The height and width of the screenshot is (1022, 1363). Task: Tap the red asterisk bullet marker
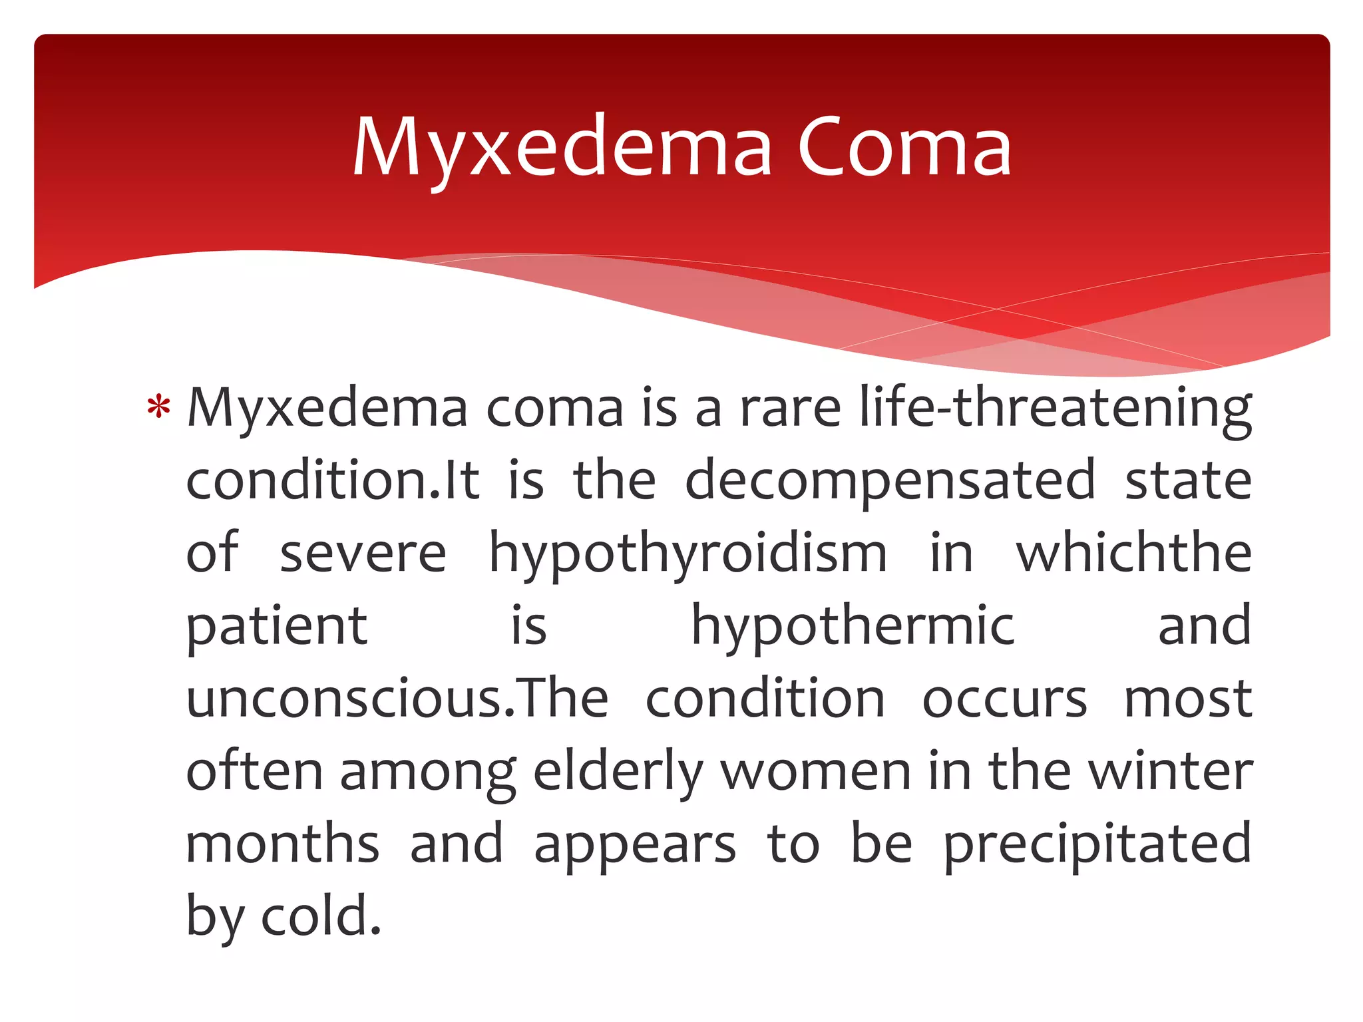158,407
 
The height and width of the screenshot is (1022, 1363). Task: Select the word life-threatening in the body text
1056,407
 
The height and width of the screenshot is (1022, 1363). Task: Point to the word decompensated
890,480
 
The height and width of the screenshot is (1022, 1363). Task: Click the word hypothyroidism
688,554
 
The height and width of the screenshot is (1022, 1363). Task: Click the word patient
276,627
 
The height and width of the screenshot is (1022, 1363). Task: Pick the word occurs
1004,699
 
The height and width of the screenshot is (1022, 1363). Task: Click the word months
282,843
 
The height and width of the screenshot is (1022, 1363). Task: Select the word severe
363,554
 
